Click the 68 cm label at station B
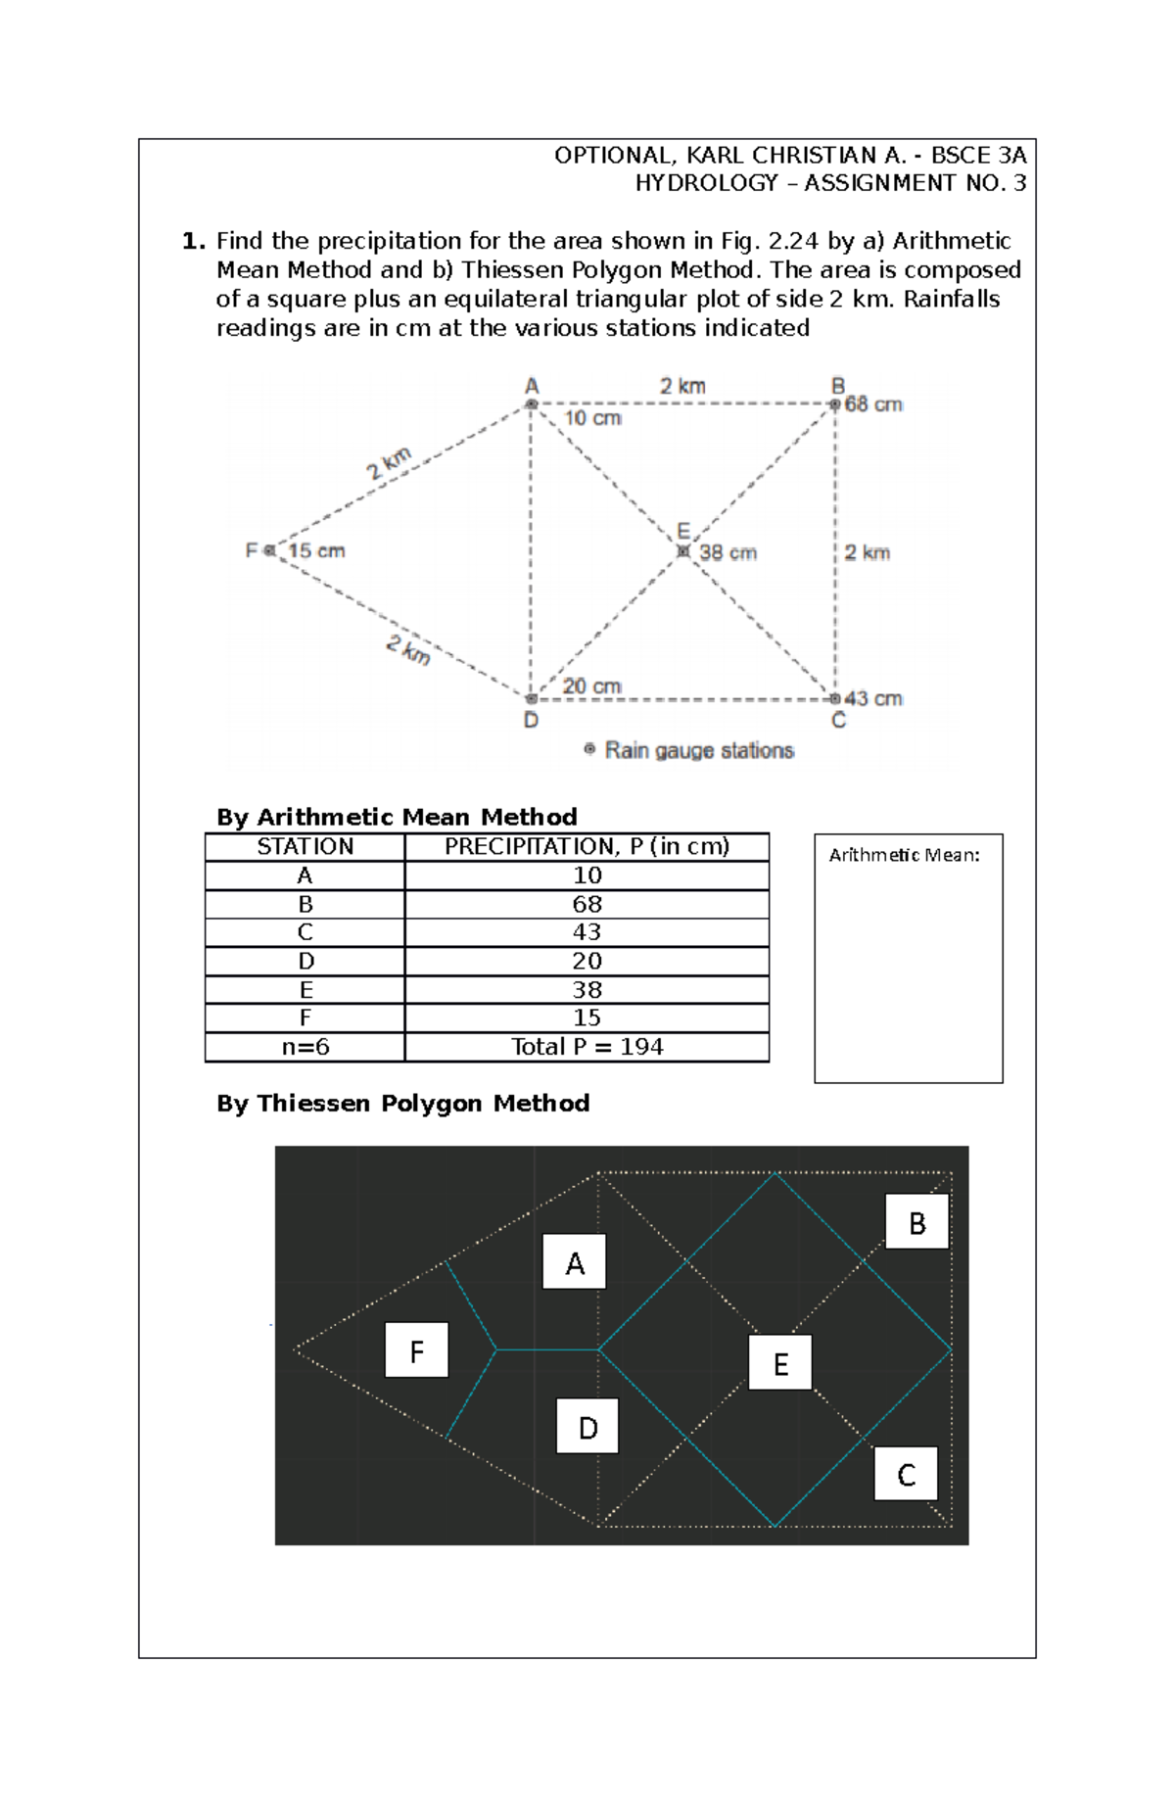[873, 404]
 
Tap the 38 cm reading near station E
[728, 552]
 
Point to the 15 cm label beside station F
[316, 550]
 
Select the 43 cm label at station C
[873, 698]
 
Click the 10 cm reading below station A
[592, 418]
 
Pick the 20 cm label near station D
[591, 686]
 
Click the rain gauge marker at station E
[683, 551]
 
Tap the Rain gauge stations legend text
[699, 750]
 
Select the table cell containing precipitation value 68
[587, 904]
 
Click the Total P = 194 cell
[587, 1047]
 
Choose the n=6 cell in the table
[305, 1047]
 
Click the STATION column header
[305, 847]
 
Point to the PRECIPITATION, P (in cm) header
[587, 847]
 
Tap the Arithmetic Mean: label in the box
[904, 855]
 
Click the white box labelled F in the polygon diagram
[416, 1350]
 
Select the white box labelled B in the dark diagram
[916, 1221]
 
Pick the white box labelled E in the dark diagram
[780, 1362]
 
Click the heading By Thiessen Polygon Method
[402, 1104]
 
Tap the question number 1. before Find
[194, 241]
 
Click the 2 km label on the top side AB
[682, 386]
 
